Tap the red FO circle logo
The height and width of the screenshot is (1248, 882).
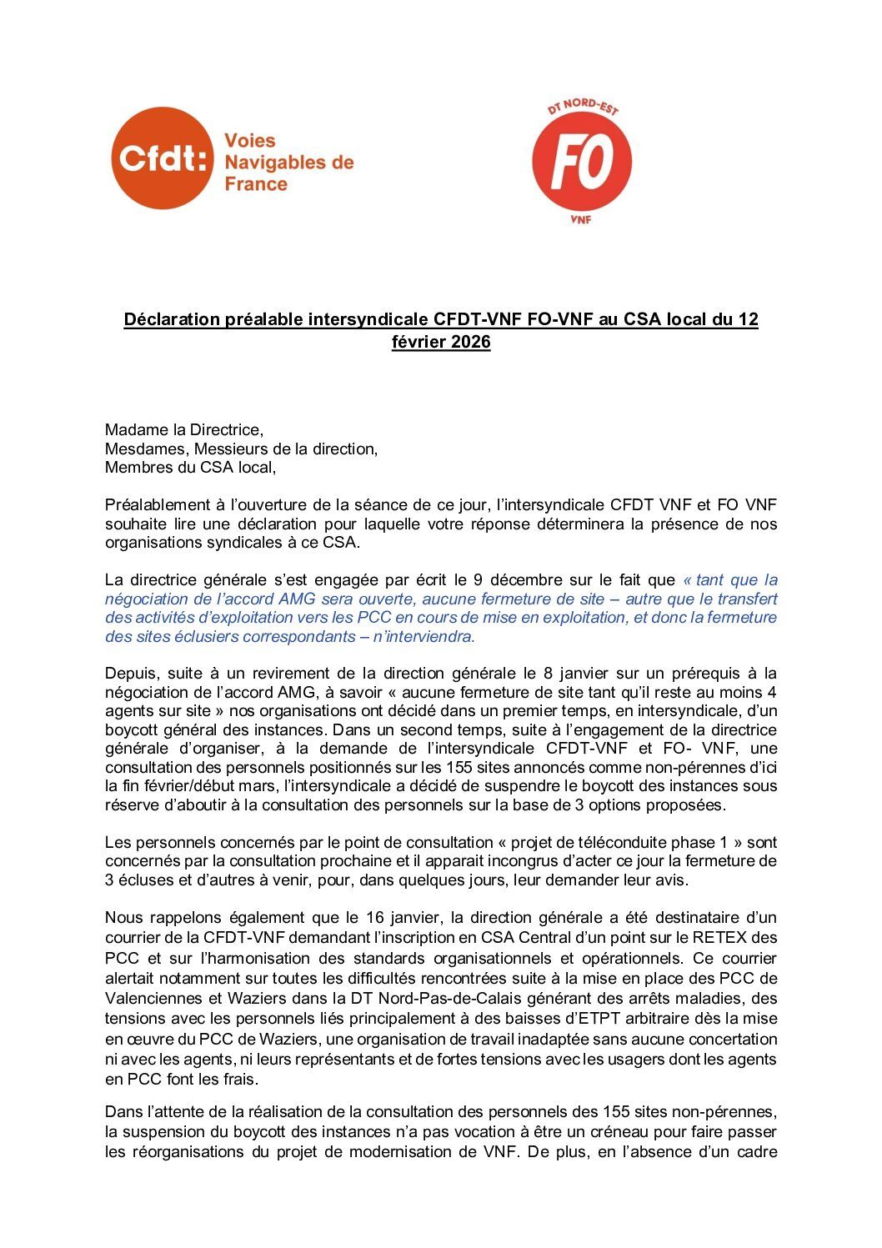(x=582, y=163)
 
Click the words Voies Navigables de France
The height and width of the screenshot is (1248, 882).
(x=288, y=163)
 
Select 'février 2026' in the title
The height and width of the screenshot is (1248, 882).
(x=441, y=342)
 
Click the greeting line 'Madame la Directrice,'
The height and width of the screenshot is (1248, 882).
(x=183, y=430)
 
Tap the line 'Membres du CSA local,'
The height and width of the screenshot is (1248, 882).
(x=189, y=467)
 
